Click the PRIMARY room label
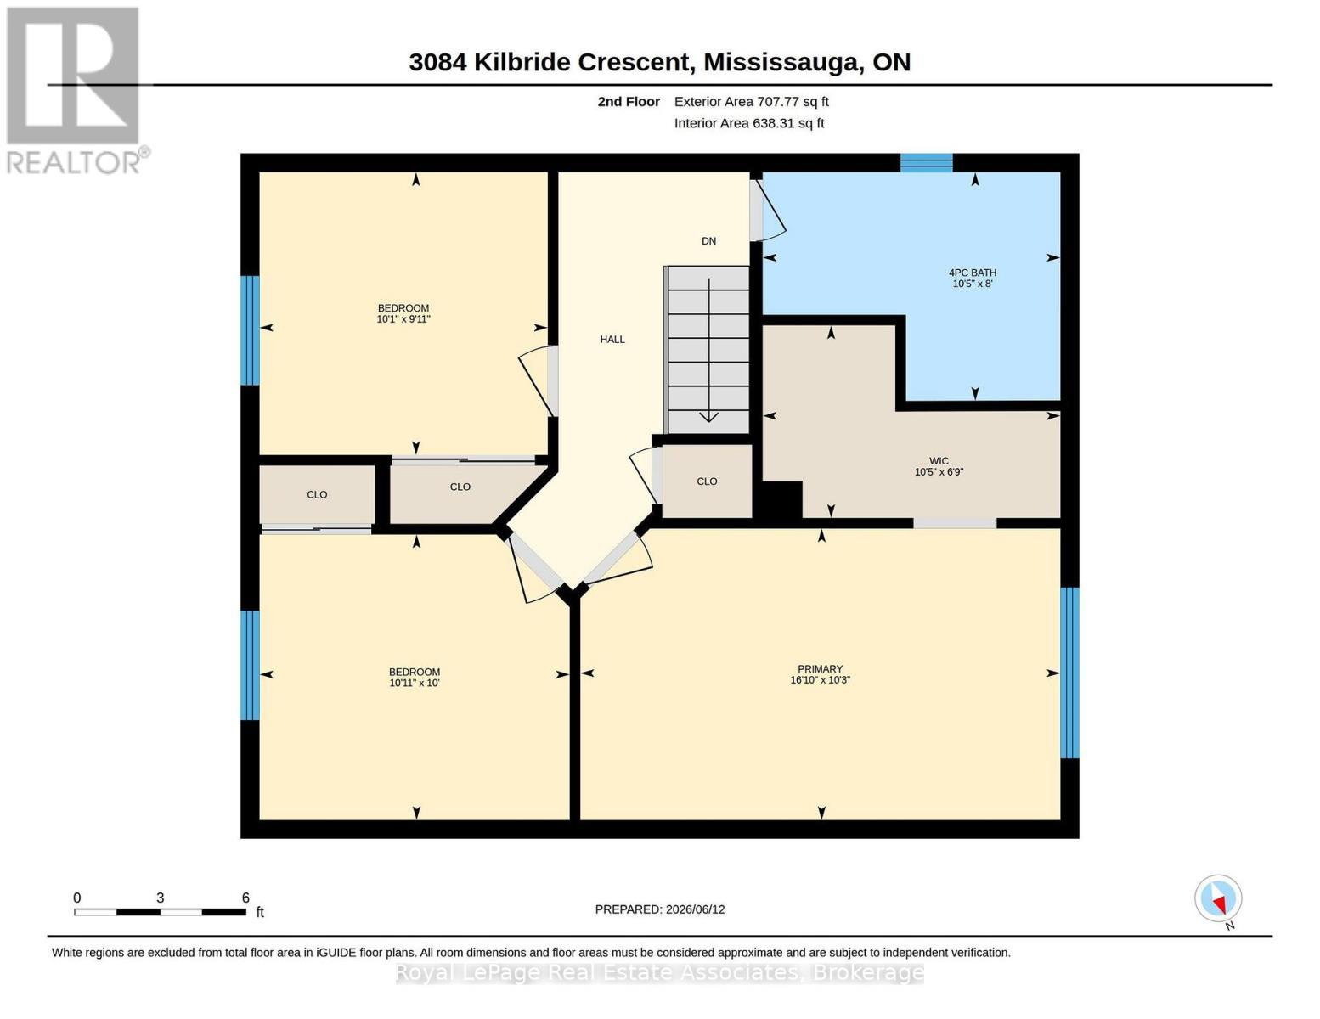click(820, 668)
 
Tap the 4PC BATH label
click(973, 273)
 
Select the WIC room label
click(939, 461)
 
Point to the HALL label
click(612, 340)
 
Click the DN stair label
click(709, 241)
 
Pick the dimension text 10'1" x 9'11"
click(403, 318)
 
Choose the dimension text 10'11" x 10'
click(415, 683)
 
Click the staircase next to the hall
click(707, 350)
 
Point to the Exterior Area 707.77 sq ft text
click(752, 101)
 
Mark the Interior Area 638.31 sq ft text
click(749, 123)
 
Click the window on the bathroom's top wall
click(926, 163)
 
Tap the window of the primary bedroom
click(1069, 673)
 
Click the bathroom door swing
click(768, 210)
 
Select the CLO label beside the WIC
click(707, 481)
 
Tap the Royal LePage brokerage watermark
click(660, 973)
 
